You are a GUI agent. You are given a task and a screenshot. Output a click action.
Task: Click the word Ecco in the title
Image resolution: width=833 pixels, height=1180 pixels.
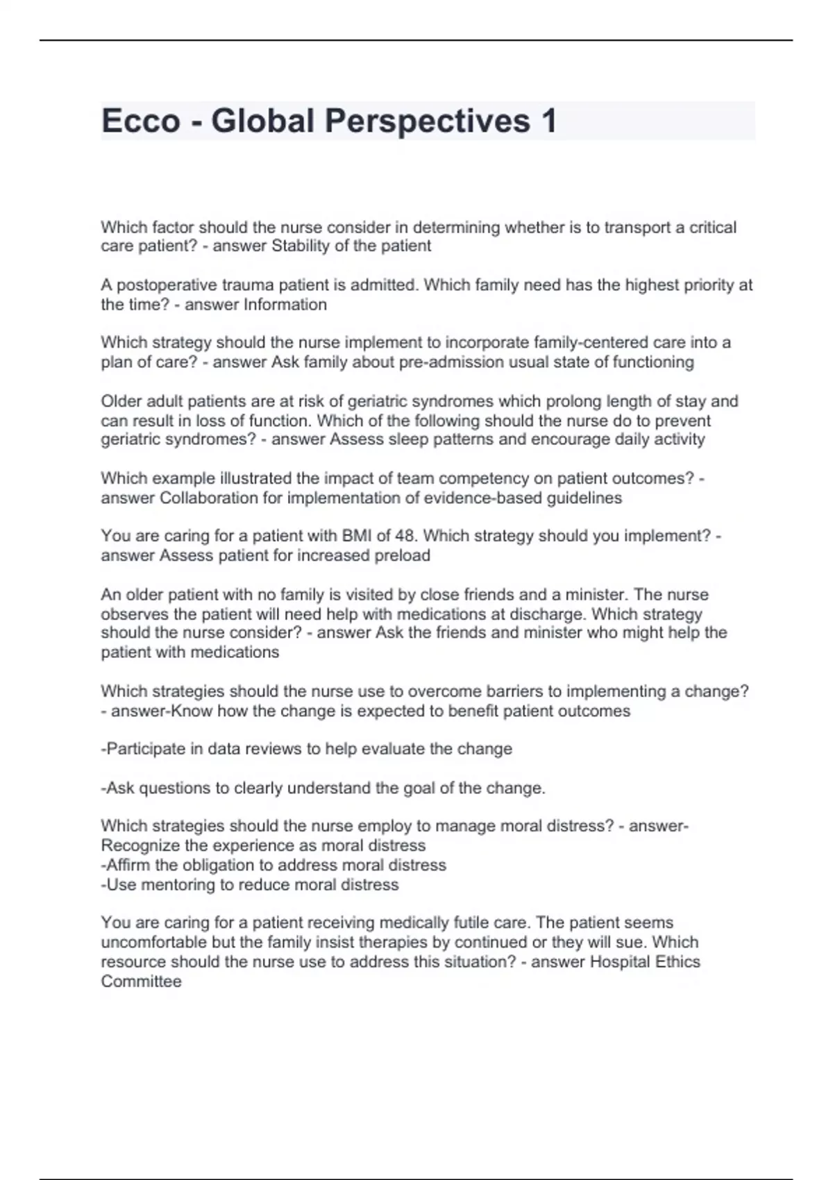click(x=141, y=121)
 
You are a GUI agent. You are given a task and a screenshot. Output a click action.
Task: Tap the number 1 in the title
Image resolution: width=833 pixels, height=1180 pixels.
click(x=548, y=121)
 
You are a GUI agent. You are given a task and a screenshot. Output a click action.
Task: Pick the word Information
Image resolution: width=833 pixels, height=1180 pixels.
click(x=285, y=305)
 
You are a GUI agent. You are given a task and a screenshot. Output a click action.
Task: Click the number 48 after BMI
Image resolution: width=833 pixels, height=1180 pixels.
click(x=405, y=536)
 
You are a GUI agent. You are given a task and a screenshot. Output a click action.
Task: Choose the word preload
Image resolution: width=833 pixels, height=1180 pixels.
click(x=402, y=555)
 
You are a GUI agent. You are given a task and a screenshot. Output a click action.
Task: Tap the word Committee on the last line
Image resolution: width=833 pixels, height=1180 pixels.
click(x=141, y=981)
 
